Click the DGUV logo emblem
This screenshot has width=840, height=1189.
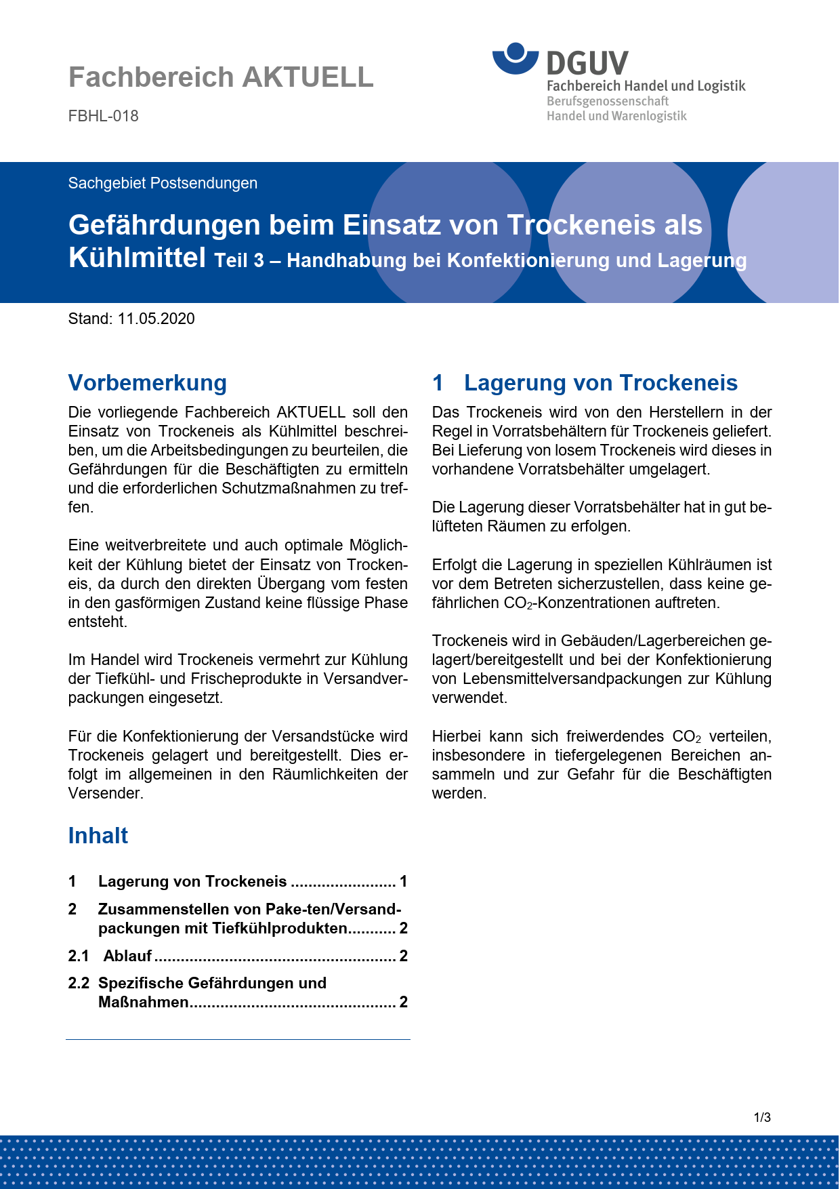tap(516, 58)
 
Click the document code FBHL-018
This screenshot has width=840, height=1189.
tap(104, 116)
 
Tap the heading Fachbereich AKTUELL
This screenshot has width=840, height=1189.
tap(221, 77)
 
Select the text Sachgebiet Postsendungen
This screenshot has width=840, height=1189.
tap(163, 183)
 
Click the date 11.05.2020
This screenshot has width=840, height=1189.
tap(156, 319)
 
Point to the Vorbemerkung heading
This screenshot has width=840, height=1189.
tap(148, 382)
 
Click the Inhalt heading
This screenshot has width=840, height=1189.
tap(98, 835)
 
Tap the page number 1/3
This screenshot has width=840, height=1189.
tap(762, 1117)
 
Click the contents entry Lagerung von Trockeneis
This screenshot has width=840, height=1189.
tap(192, 881)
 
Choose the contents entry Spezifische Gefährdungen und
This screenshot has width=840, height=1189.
tap(212, 983)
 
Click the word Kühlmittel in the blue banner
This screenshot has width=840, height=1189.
tap(137, 258)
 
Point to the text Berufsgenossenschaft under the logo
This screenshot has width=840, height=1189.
tap(608, 101)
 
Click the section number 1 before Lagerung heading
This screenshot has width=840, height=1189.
tap(438, 382)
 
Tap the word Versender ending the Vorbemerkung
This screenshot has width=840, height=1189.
tap(105, 793)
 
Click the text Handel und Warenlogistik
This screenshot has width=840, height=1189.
tap(616, 116)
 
